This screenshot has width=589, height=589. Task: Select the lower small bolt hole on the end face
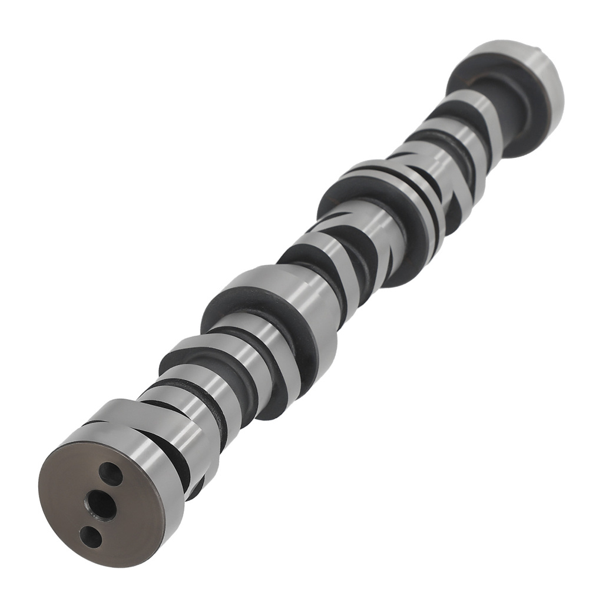[90, 535]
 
